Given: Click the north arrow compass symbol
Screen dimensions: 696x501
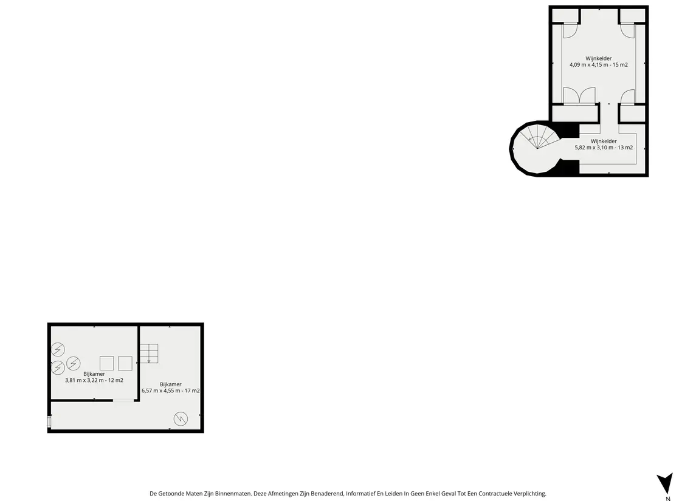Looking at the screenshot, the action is click(x=664, y=483).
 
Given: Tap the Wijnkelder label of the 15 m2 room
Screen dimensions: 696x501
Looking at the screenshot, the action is click(x=598, y=58).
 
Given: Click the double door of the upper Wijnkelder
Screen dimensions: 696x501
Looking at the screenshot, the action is click(x=579, y=95).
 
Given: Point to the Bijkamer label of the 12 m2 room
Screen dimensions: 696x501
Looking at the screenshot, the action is click(x=94, y=374).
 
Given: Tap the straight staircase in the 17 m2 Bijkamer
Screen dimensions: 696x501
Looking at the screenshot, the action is click(x=149, y=353).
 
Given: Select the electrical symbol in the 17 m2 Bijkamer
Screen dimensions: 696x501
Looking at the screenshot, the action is click(x=181, y=418).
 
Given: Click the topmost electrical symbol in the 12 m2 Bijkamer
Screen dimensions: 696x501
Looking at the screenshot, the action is click(x=58, y=350).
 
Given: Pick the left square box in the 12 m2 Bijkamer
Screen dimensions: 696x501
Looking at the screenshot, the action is click(x=106, y=363).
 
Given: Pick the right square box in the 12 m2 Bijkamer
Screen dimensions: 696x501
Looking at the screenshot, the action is click(x=125, y=363).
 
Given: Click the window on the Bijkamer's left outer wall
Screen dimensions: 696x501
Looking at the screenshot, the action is click(x=49, y=422).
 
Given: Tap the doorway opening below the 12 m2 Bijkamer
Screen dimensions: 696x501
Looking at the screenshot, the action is click(x=123, y=400).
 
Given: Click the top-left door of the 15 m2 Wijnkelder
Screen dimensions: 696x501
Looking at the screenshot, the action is click(x=570, y=30).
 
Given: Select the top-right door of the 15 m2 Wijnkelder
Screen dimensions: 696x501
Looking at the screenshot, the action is click(x=627, y=30).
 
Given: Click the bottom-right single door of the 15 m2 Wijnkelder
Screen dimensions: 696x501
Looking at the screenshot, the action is click(x=627, y=96).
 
